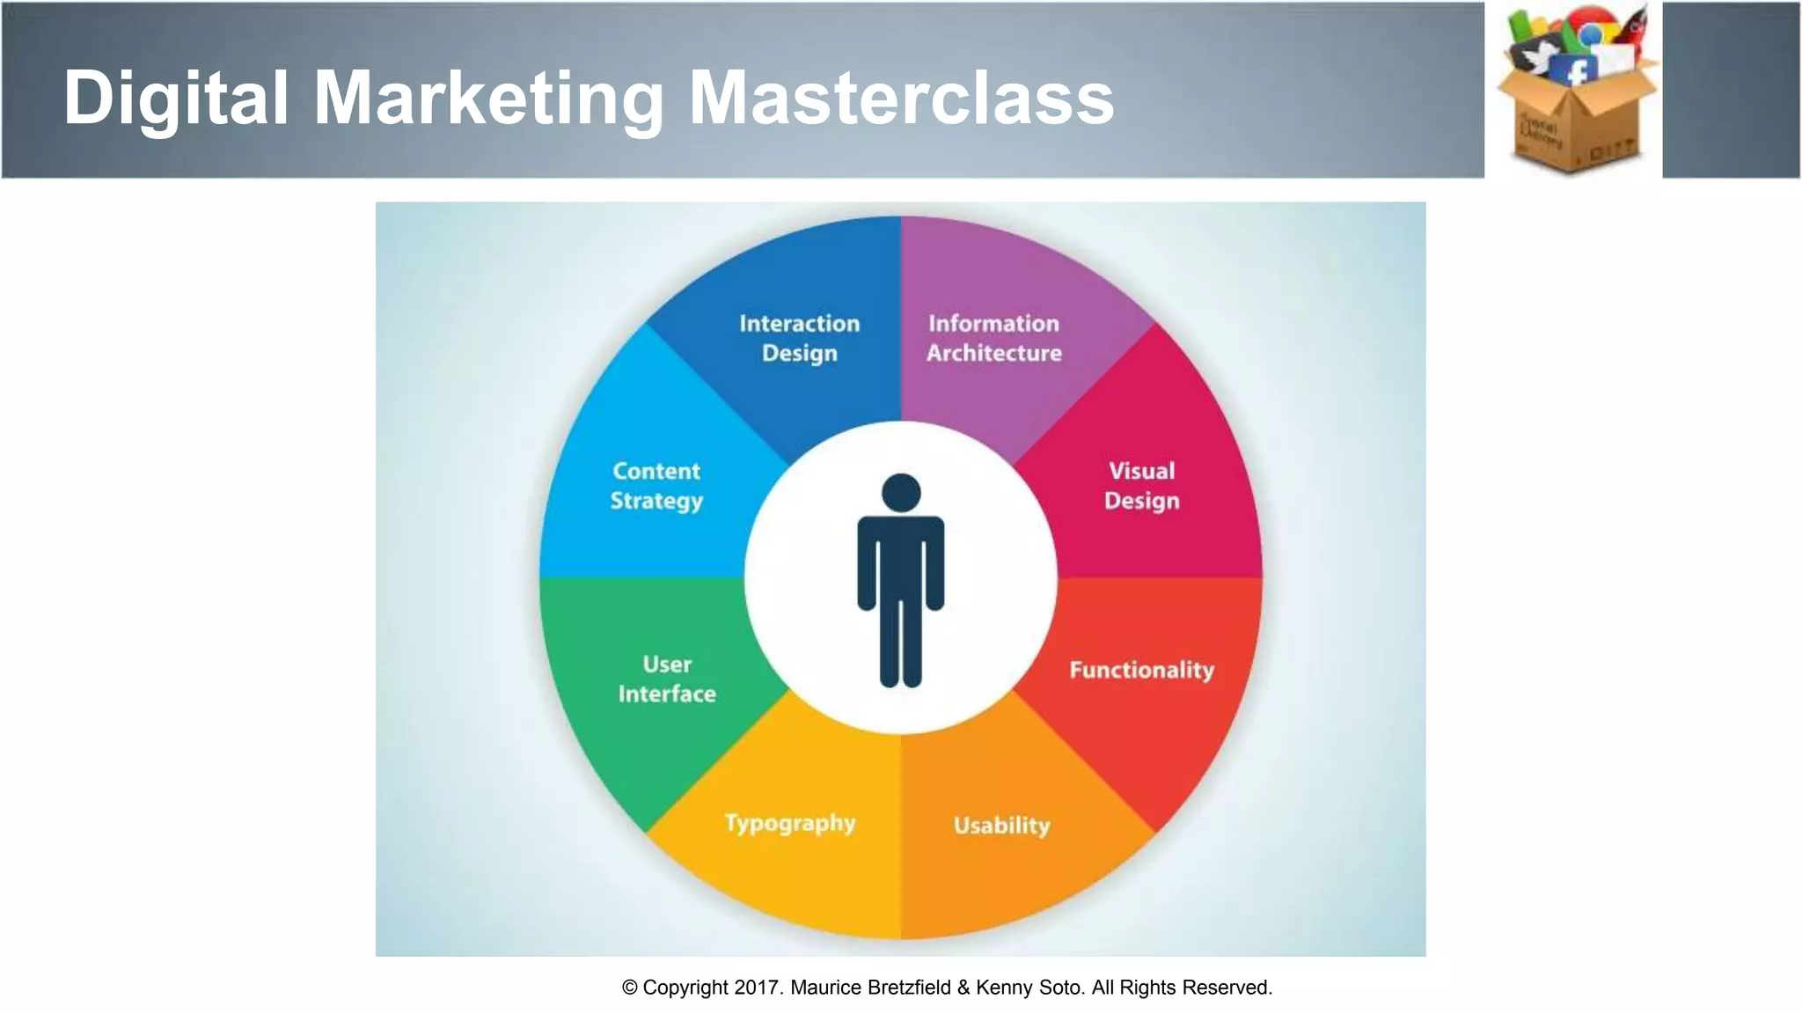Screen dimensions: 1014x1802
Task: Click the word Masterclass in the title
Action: (x=901, y=98)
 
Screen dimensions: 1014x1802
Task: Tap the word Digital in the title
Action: (x=176, y=98)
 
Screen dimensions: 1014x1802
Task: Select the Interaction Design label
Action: (x=799, y=338)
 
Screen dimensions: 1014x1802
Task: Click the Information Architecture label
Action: (x=993, y=338)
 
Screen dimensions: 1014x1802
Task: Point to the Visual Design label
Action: (x=1141, y=486)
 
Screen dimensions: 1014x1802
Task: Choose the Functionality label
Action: (x=1141, y=670)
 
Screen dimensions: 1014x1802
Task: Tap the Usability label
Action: (x=1001, y=826)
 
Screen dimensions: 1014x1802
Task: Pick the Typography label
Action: (x=789, y=823)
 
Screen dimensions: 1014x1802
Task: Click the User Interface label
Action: (x=667, y=679)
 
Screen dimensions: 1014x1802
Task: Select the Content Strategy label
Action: (x=656, y=486)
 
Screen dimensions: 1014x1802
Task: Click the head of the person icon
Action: (x=901, y=493)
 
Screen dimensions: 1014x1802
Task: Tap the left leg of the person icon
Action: (x=890, y=643)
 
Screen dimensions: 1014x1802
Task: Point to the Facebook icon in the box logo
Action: (x=1574, y=70)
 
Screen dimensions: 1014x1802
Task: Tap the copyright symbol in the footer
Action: (x=629, y=988)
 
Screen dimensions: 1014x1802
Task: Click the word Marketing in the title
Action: (x=488, y=98)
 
